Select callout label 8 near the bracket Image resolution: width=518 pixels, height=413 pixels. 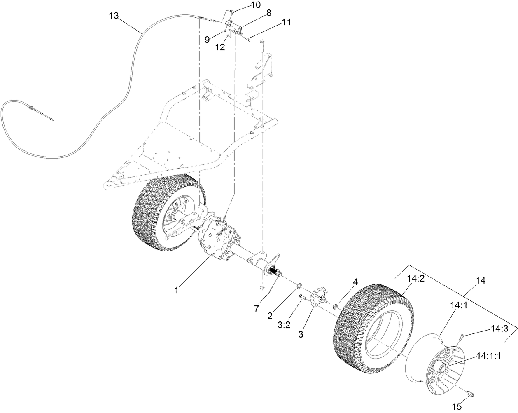[268, 13]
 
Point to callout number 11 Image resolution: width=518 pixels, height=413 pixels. [286, 22]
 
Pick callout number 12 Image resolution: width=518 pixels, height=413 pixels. [220, 47]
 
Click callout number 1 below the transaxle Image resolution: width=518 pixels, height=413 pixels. [176, 290]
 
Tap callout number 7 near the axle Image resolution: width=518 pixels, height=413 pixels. [257, 308]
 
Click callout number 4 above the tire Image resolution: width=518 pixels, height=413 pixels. [355, 282]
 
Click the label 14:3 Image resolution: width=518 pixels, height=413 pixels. [499, 329]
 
